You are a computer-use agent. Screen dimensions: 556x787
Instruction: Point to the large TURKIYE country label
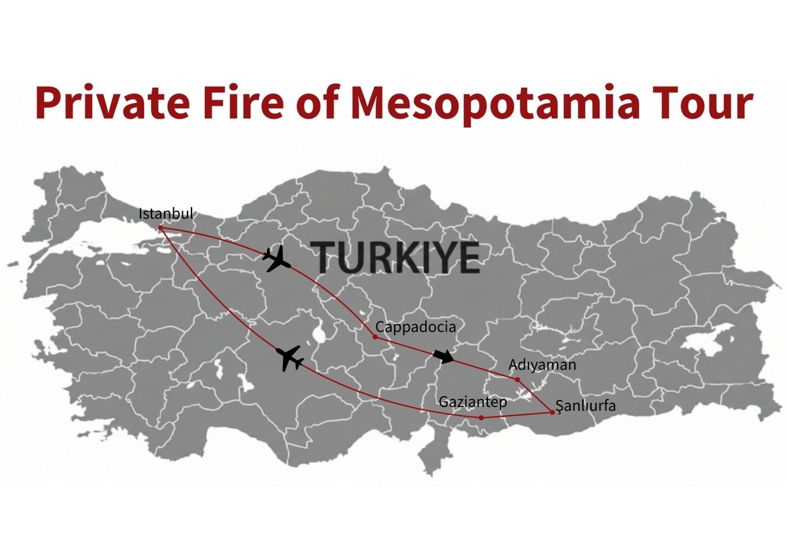pos(395,256)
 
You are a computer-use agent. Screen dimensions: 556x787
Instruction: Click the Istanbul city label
pos(167,214)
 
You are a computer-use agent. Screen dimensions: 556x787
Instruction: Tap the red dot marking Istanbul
pos(161,228)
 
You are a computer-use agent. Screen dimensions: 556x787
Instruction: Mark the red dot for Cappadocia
pos(374,337)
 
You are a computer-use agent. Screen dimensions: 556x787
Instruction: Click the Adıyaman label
pos(542,365)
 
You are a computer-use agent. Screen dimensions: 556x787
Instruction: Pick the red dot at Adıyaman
pos(517,380)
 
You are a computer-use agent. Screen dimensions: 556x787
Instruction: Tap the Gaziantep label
pos(473,402)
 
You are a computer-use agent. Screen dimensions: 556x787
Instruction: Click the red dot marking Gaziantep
pos(481,418)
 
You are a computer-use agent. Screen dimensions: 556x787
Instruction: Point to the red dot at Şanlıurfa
pos(552,412)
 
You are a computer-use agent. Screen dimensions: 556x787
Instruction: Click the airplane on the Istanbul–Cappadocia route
pos(277,259)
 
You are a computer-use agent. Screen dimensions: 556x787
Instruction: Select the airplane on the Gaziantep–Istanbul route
pos(290,358)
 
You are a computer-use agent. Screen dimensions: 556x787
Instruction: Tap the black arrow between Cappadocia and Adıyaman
pos(444,356)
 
